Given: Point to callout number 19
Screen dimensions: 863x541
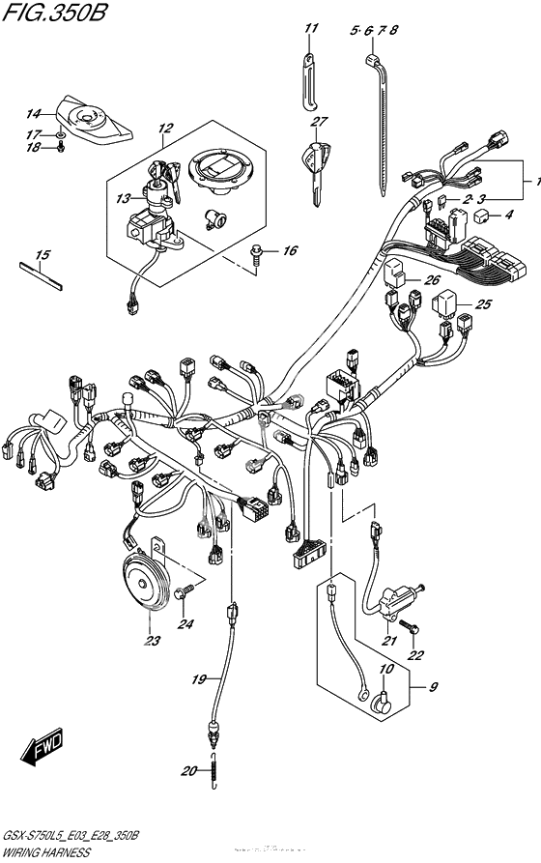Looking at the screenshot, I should (198, 679).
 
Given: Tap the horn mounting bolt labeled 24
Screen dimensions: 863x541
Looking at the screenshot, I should (193, 586).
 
